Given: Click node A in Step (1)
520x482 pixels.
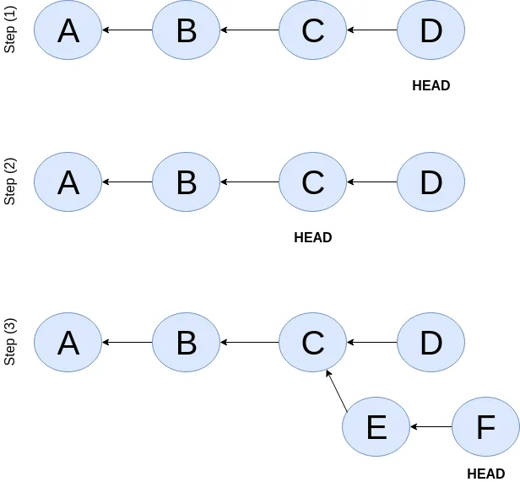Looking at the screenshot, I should pyautogui.click(x=68, y=30).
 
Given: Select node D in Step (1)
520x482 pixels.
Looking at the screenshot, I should pyautogui.click(x=431, y=30).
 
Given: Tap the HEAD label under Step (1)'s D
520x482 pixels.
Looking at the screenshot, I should pyautogui.click(x=431, y=85).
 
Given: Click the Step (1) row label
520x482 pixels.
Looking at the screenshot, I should pyautogui.click(x=11, y=30).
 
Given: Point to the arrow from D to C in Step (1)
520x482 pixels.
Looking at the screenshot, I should pyautogui.click(x=371, y=30).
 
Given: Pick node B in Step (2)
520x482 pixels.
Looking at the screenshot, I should pyautogui.click(x=186, y=181).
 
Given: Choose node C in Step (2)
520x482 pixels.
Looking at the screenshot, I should pyautogui.click(x=312, y=181).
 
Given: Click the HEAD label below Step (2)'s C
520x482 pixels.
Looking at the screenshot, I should pyautogui.click(x=312, y=237).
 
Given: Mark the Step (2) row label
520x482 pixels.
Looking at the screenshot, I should pyautogui.click(x=11, y=181).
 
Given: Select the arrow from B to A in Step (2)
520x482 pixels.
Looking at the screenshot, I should pyautogui.click(x=127, y=181).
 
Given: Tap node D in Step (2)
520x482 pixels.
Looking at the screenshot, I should pyautogui.click(x=431, y=181).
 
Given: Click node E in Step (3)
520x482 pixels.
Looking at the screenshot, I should pyautogui.click(x=376, y=427).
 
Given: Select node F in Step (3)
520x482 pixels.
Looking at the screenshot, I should pyautogui.click(x=485, y=427).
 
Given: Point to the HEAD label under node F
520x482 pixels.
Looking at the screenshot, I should pyautogui.click(x=485, y=474).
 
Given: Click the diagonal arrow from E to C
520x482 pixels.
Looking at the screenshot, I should pyautogui.click(x=337, y=390).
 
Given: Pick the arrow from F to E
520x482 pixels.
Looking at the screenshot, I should pyautogui.click(x=431, y=427).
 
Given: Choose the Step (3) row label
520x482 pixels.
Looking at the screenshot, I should pyautogui.click(x=11, y=342).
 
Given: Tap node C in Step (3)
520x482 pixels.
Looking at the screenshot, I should pyautogui.click(x=312, y=342).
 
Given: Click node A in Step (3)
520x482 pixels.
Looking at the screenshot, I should pyautogui.click(x=68, y=342).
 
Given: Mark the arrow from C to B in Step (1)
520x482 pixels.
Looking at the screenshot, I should pyautogui.click(x=249, y=30).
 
